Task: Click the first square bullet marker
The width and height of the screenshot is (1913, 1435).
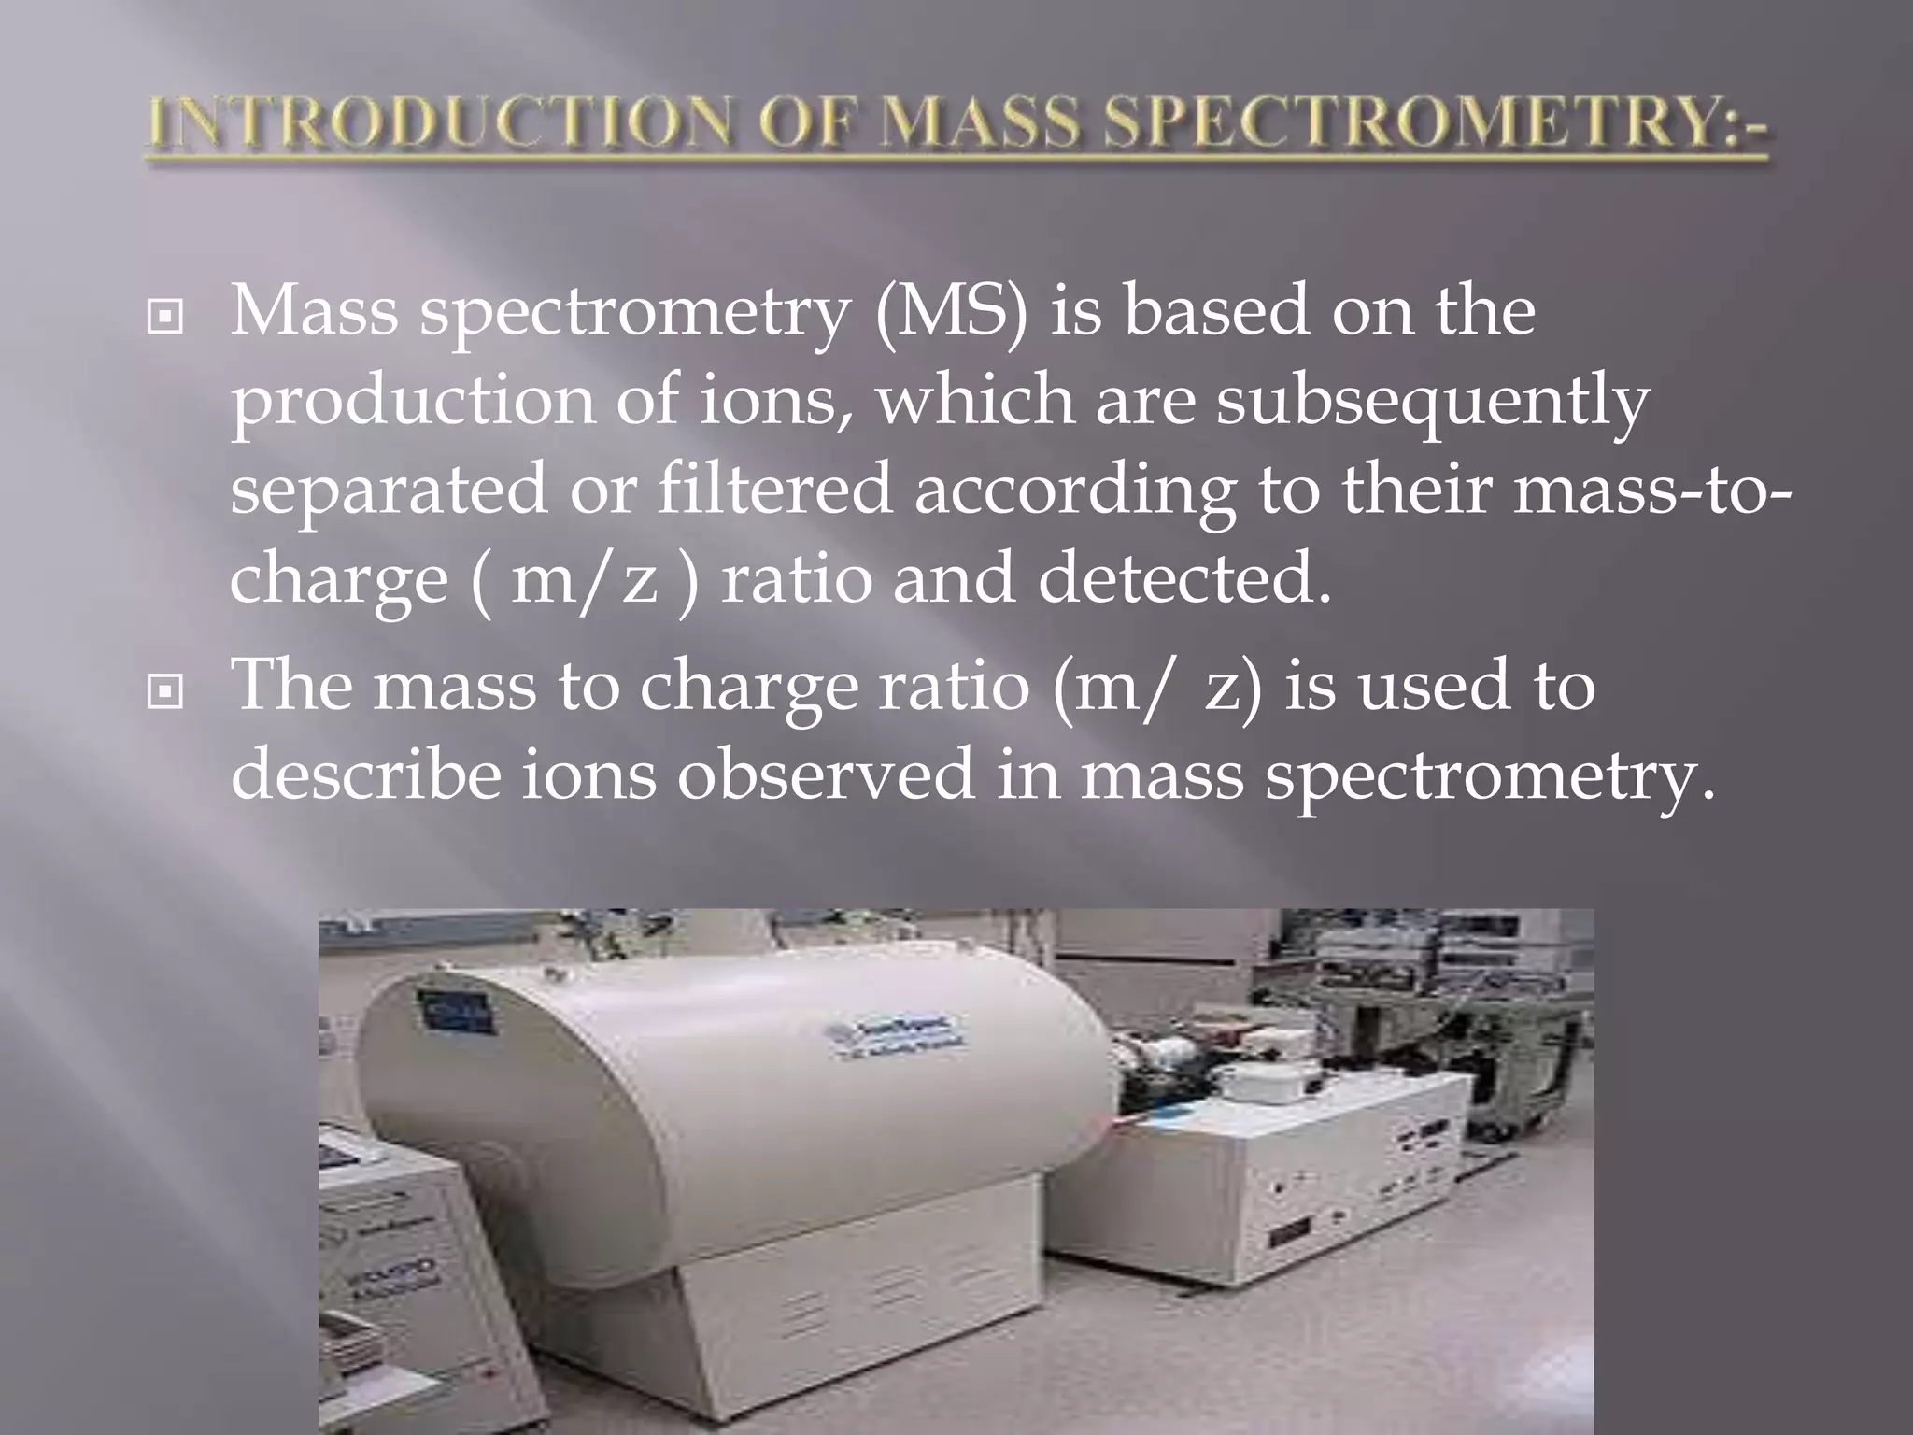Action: (165, 319)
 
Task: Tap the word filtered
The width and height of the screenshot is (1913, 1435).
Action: (774, 490)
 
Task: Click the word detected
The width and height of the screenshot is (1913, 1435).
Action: (1183, 578)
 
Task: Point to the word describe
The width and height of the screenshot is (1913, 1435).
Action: (364, 774)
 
